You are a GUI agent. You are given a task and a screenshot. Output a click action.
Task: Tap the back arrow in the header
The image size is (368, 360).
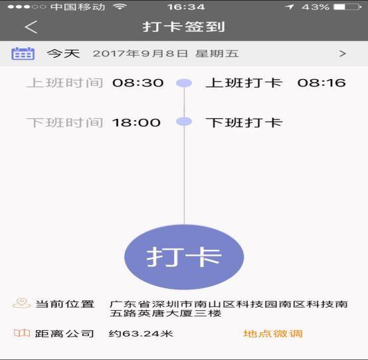[x=31, y=27]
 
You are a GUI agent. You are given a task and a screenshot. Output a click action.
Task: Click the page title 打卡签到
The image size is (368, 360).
[x=183, y=27]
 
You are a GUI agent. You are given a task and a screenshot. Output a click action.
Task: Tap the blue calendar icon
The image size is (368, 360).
[x=23, y=54]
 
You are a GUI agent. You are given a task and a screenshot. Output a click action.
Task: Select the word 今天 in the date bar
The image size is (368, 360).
[x=63, y=54]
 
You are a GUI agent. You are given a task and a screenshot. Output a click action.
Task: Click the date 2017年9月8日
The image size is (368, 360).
[x=140, y=54]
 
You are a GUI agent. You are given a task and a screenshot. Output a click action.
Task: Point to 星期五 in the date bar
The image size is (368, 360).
[x=217, y=54]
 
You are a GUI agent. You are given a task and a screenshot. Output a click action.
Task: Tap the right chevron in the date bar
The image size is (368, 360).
[x=343, y=54]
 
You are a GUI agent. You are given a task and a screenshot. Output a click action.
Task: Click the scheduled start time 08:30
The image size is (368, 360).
[x=138, y=83]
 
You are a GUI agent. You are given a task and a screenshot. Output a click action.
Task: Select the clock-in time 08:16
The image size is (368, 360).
[x=322, y=83]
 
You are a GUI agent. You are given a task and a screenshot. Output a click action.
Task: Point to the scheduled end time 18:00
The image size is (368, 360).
[x=136, y=123]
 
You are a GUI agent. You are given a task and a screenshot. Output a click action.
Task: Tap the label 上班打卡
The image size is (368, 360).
[x=244, y=83]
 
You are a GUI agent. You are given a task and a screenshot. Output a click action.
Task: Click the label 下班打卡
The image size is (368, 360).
[x=244, y=123]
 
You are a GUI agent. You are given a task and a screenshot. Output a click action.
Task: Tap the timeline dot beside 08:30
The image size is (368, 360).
[x=184, y=83]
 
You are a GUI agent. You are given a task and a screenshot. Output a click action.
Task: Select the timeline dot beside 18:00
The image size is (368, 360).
[x=184, y=122]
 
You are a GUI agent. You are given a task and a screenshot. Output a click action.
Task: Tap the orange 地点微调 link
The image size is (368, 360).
[x=273, y=333]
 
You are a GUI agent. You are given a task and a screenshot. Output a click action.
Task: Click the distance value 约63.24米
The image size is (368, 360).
[x=141, y=333]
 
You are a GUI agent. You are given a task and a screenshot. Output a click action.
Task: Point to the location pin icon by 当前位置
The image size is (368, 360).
[x=21, y=303]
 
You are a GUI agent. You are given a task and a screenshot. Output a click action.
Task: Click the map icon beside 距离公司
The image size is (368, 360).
[x=22, y=333]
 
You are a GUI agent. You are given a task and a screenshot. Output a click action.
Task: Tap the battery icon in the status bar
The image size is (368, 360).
[x=347, y=7]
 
